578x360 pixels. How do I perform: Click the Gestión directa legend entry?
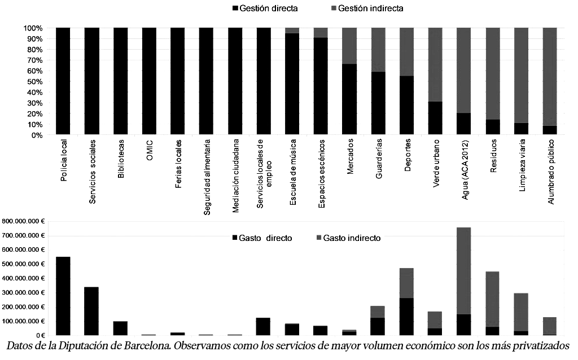click(264, 8)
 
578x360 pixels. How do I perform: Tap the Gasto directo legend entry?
click(262, 238)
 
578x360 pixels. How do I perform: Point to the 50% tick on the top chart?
click(33, 82)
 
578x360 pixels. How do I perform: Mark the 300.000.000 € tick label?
click(23, 292)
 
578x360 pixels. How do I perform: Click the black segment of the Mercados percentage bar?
click(350, 99)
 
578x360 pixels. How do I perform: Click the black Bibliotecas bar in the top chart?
click(121, 81)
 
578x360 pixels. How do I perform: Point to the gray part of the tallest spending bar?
click(464, 271)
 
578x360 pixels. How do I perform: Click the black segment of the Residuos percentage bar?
click(493, 127)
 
